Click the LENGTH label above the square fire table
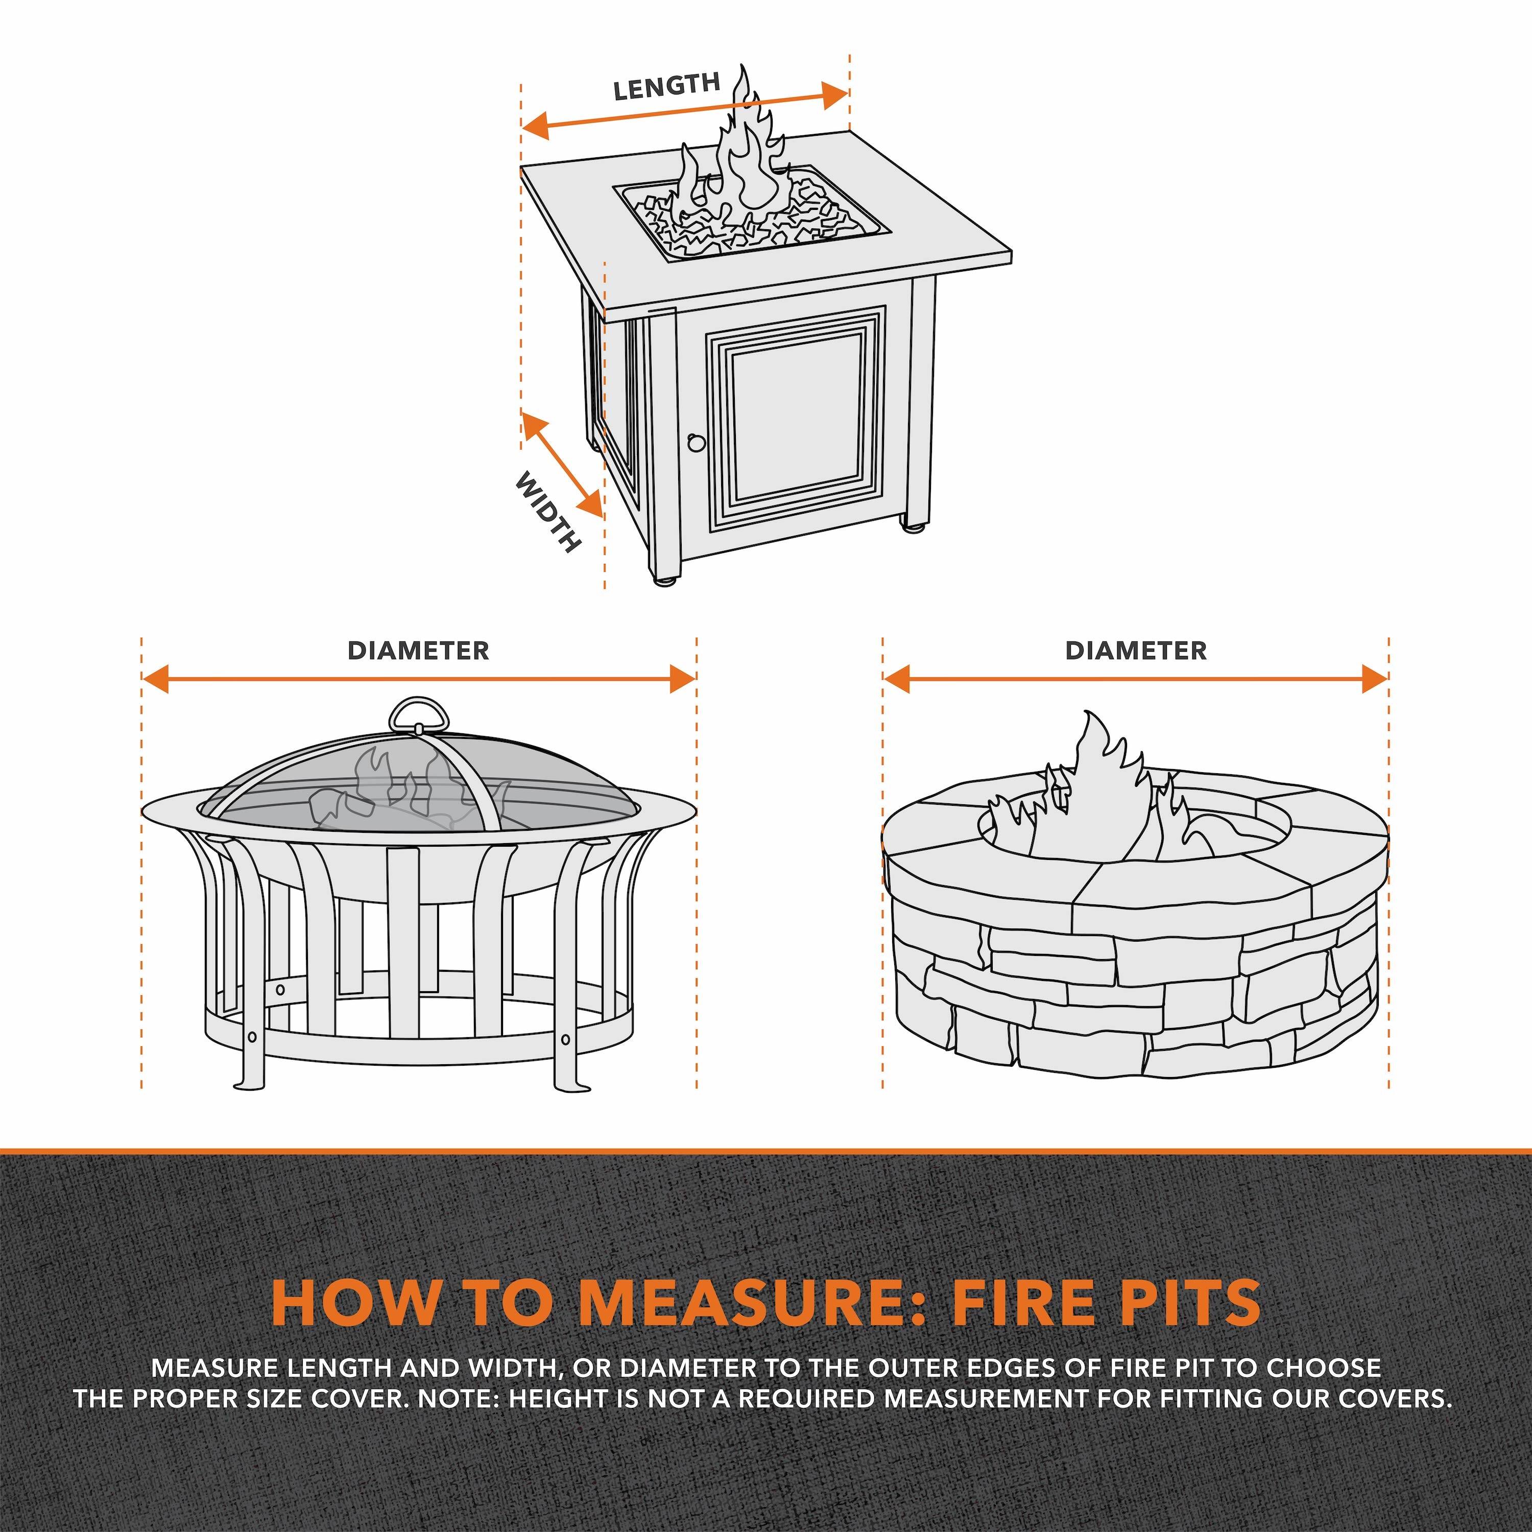(666, 86)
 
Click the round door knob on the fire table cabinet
(696, 442)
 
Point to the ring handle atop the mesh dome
(419, 716)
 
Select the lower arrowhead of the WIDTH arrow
(591, 505)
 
